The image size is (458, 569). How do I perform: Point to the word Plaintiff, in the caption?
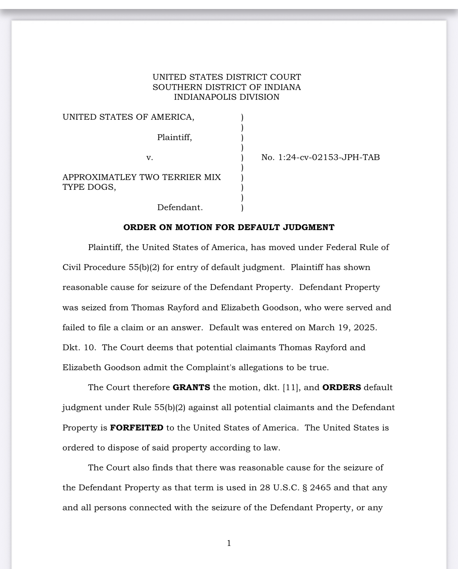click(x=175, y=137)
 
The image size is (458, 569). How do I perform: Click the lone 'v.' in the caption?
click(x=150, y=158)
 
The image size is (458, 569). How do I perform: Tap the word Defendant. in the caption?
click(x=180, y=207)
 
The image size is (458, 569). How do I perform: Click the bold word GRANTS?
click(x=191, y=387)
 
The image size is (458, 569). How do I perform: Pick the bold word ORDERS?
click(x=341, y=387)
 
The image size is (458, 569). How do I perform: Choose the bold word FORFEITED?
click(x=137, y=428)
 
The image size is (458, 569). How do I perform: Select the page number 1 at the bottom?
click(x=229, y=543)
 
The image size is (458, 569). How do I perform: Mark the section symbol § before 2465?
click(x=305, y=488)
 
